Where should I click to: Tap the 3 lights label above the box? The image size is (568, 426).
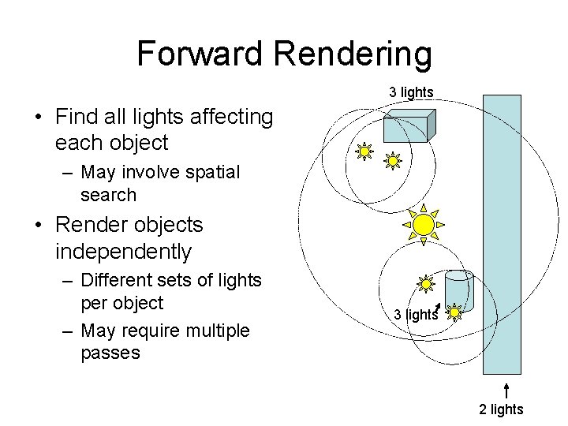pyautogui.click(x=411, y=92)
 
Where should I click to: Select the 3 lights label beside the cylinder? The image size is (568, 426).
pyautogui.click(x=415, y=315)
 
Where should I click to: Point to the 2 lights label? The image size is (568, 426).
pyautogui.click(x=500, y=409)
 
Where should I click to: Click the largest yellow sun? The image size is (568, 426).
pyautogui.click(x=424, y=225)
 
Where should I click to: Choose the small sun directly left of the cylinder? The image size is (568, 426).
pyautogui.click(x=425, y=282)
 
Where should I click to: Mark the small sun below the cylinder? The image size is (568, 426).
pyautogui.click(x=455, y=313)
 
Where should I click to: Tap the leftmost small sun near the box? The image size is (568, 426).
pyautogui.click(x=364, y=151)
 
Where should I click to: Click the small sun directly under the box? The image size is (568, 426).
pyautogui.click(x=392, y=161)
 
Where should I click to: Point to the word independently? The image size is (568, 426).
pyautogui.click(x=124, y=252)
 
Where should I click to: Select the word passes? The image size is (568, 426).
pyautogui.click(x=110, y=352)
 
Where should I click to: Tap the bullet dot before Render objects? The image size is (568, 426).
pyautogui.click(x=37, y=226)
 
